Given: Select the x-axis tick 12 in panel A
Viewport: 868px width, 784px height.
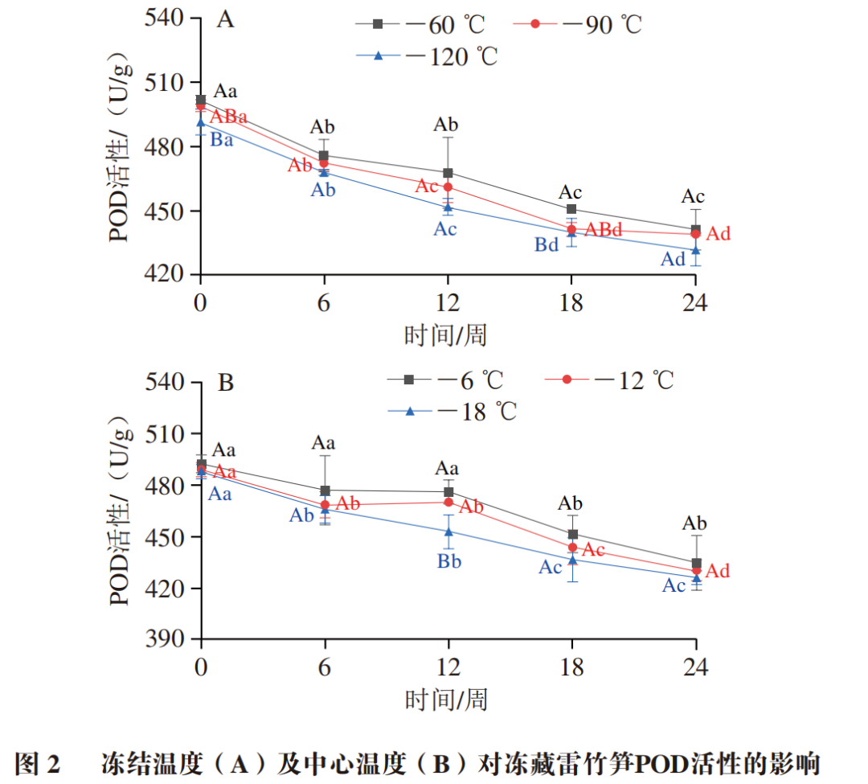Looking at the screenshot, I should point(447,302).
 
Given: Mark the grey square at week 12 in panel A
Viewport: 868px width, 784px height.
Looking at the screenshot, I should point(448,173).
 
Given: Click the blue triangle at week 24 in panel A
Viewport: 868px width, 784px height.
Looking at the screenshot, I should point(695,250).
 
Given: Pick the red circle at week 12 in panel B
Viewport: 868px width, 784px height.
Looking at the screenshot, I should point(448,503).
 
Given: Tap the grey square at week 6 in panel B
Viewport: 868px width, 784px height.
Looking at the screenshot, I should point(325,491).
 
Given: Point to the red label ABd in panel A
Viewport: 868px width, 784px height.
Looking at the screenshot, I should point(603,230).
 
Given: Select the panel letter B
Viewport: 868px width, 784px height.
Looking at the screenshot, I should point(227,383).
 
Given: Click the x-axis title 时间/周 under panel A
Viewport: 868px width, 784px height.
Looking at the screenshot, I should point(446,335).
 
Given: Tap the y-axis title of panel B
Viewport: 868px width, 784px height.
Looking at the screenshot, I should point(121,511).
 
